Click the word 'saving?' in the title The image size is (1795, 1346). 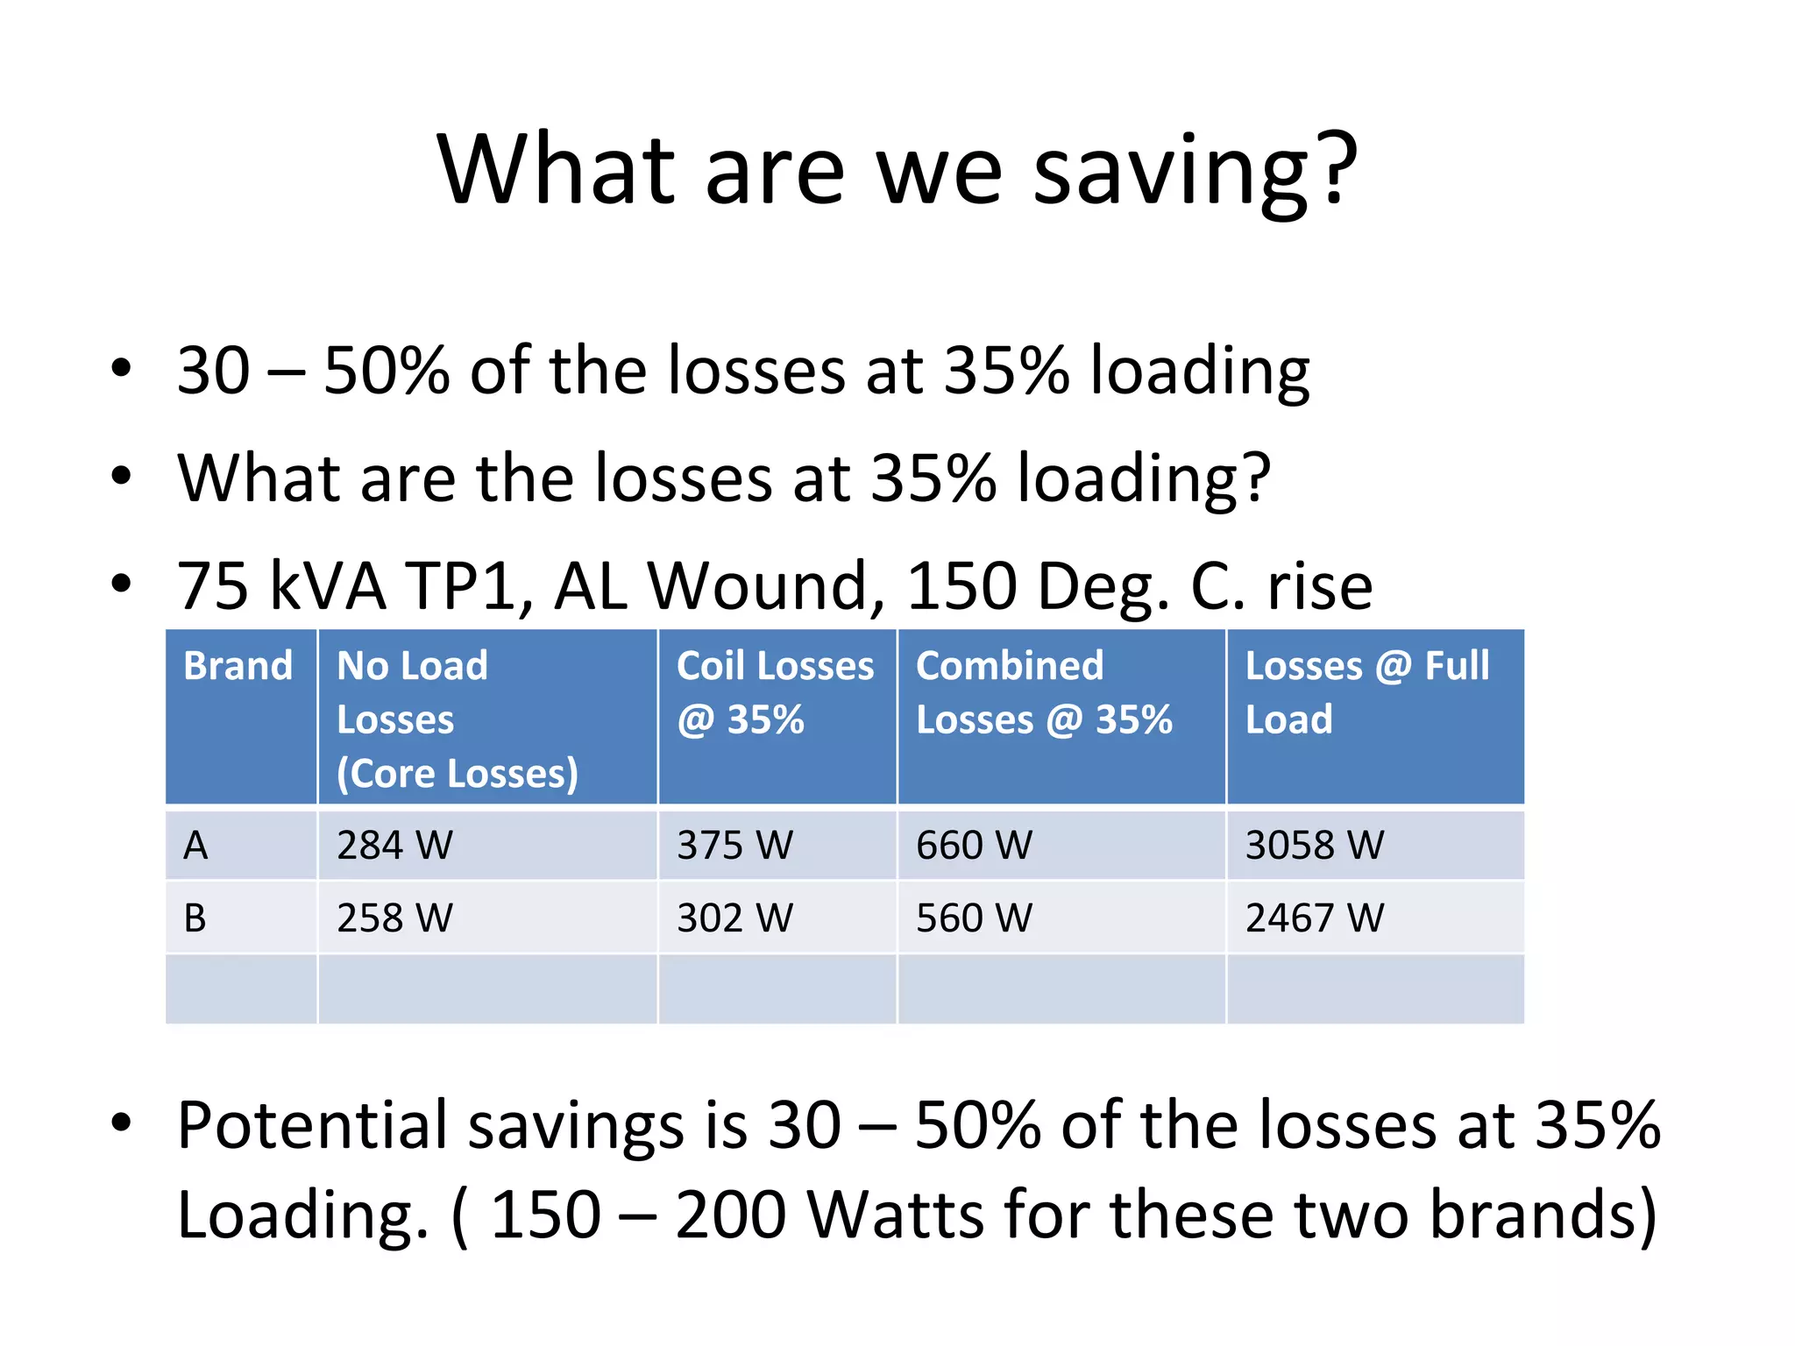1195,170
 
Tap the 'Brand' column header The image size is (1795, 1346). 238,666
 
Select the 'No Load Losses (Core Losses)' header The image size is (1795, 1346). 457,719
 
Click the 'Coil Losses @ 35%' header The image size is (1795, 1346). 775,692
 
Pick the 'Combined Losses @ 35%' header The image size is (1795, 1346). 1043,692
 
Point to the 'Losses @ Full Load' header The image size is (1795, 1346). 1366,692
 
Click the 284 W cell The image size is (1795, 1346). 394,846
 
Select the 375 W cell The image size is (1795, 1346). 734,846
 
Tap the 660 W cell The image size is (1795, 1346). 974,846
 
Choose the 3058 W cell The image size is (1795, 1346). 1314,846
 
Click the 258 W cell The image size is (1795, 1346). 394,918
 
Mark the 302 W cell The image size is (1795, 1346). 734,918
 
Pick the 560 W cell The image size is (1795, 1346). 974,918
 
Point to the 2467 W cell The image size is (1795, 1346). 1314,918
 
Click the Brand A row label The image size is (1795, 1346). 195,846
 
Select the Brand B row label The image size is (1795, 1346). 195,918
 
